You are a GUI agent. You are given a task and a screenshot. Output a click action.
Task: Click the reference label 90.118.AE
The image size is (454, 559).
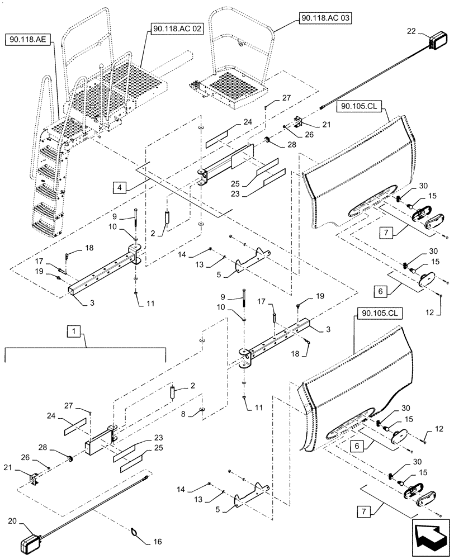tap(26, 40)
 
